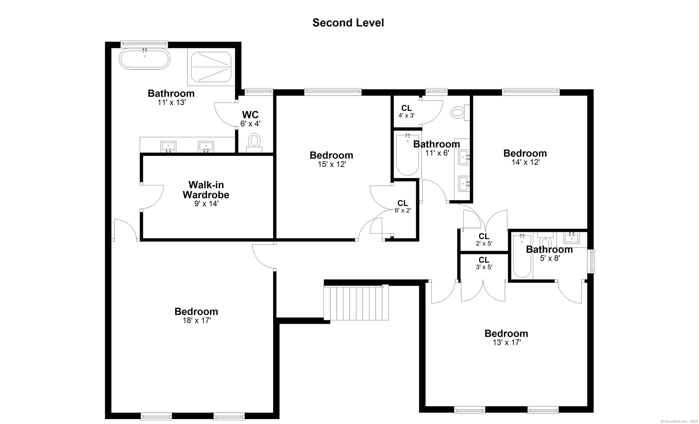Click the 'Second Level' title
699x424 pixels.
pos(348,23)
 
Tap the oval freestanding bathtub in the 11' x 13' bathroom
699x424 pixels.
pos(144,59)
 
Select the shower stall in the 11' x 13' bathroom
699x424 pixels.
pos(211,67)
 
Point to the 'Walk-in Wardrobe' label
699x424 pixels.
pos(206,190)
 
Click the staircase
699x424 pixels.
pos(356,303)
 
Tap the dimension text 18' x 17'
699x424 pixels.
pos(197,321)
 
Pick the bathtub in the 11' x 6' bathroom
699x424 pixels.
pos(407,155)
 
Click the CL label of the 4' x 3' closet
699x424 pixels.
pos(407,108)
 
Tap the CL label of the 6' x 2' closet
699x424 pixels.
pos(403,203)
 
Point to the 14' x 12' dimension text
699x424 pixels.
pos(525,162)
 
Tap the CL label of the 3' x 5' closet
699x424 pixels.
pos(484,260)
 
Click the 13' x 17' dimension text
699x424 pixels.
pos(507,342)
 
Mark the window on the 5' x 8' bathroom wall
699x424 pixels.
pos(591,261)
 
